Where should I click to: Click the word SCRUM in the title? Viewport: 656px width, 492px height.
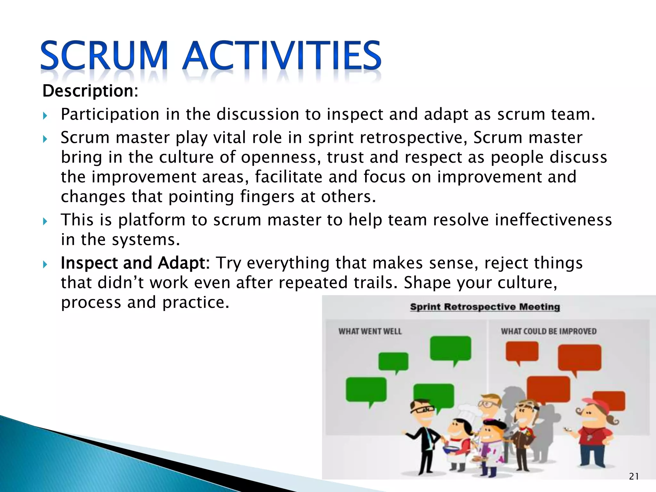pyautogui.click(x=104, y=55)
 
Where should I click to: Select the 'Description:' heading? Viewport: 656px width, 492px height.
pyautogui.click(x=90, y=91)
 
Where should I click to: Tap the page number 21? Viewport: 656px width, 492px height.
pyautogui.click(x=634, y=477)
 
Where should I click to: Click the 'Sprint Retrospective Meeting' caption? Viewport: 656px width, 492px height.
pyautogui.click(x=485, y=307)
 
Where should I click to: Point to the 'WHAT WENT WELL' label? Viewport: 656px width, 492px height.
pyautogui.click(x=370, y=331)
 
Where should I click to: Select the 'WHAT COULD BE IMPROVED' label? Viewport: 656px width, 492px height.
pyautogui.click(x=549, y=331)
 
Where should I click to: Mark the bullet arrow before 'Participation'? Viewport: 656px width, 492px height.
pyautogui.click(x=45, y=116)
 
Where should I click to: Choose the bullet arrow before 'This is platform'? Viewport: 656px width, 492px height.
pyautogui.click(x=45, y=221)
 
